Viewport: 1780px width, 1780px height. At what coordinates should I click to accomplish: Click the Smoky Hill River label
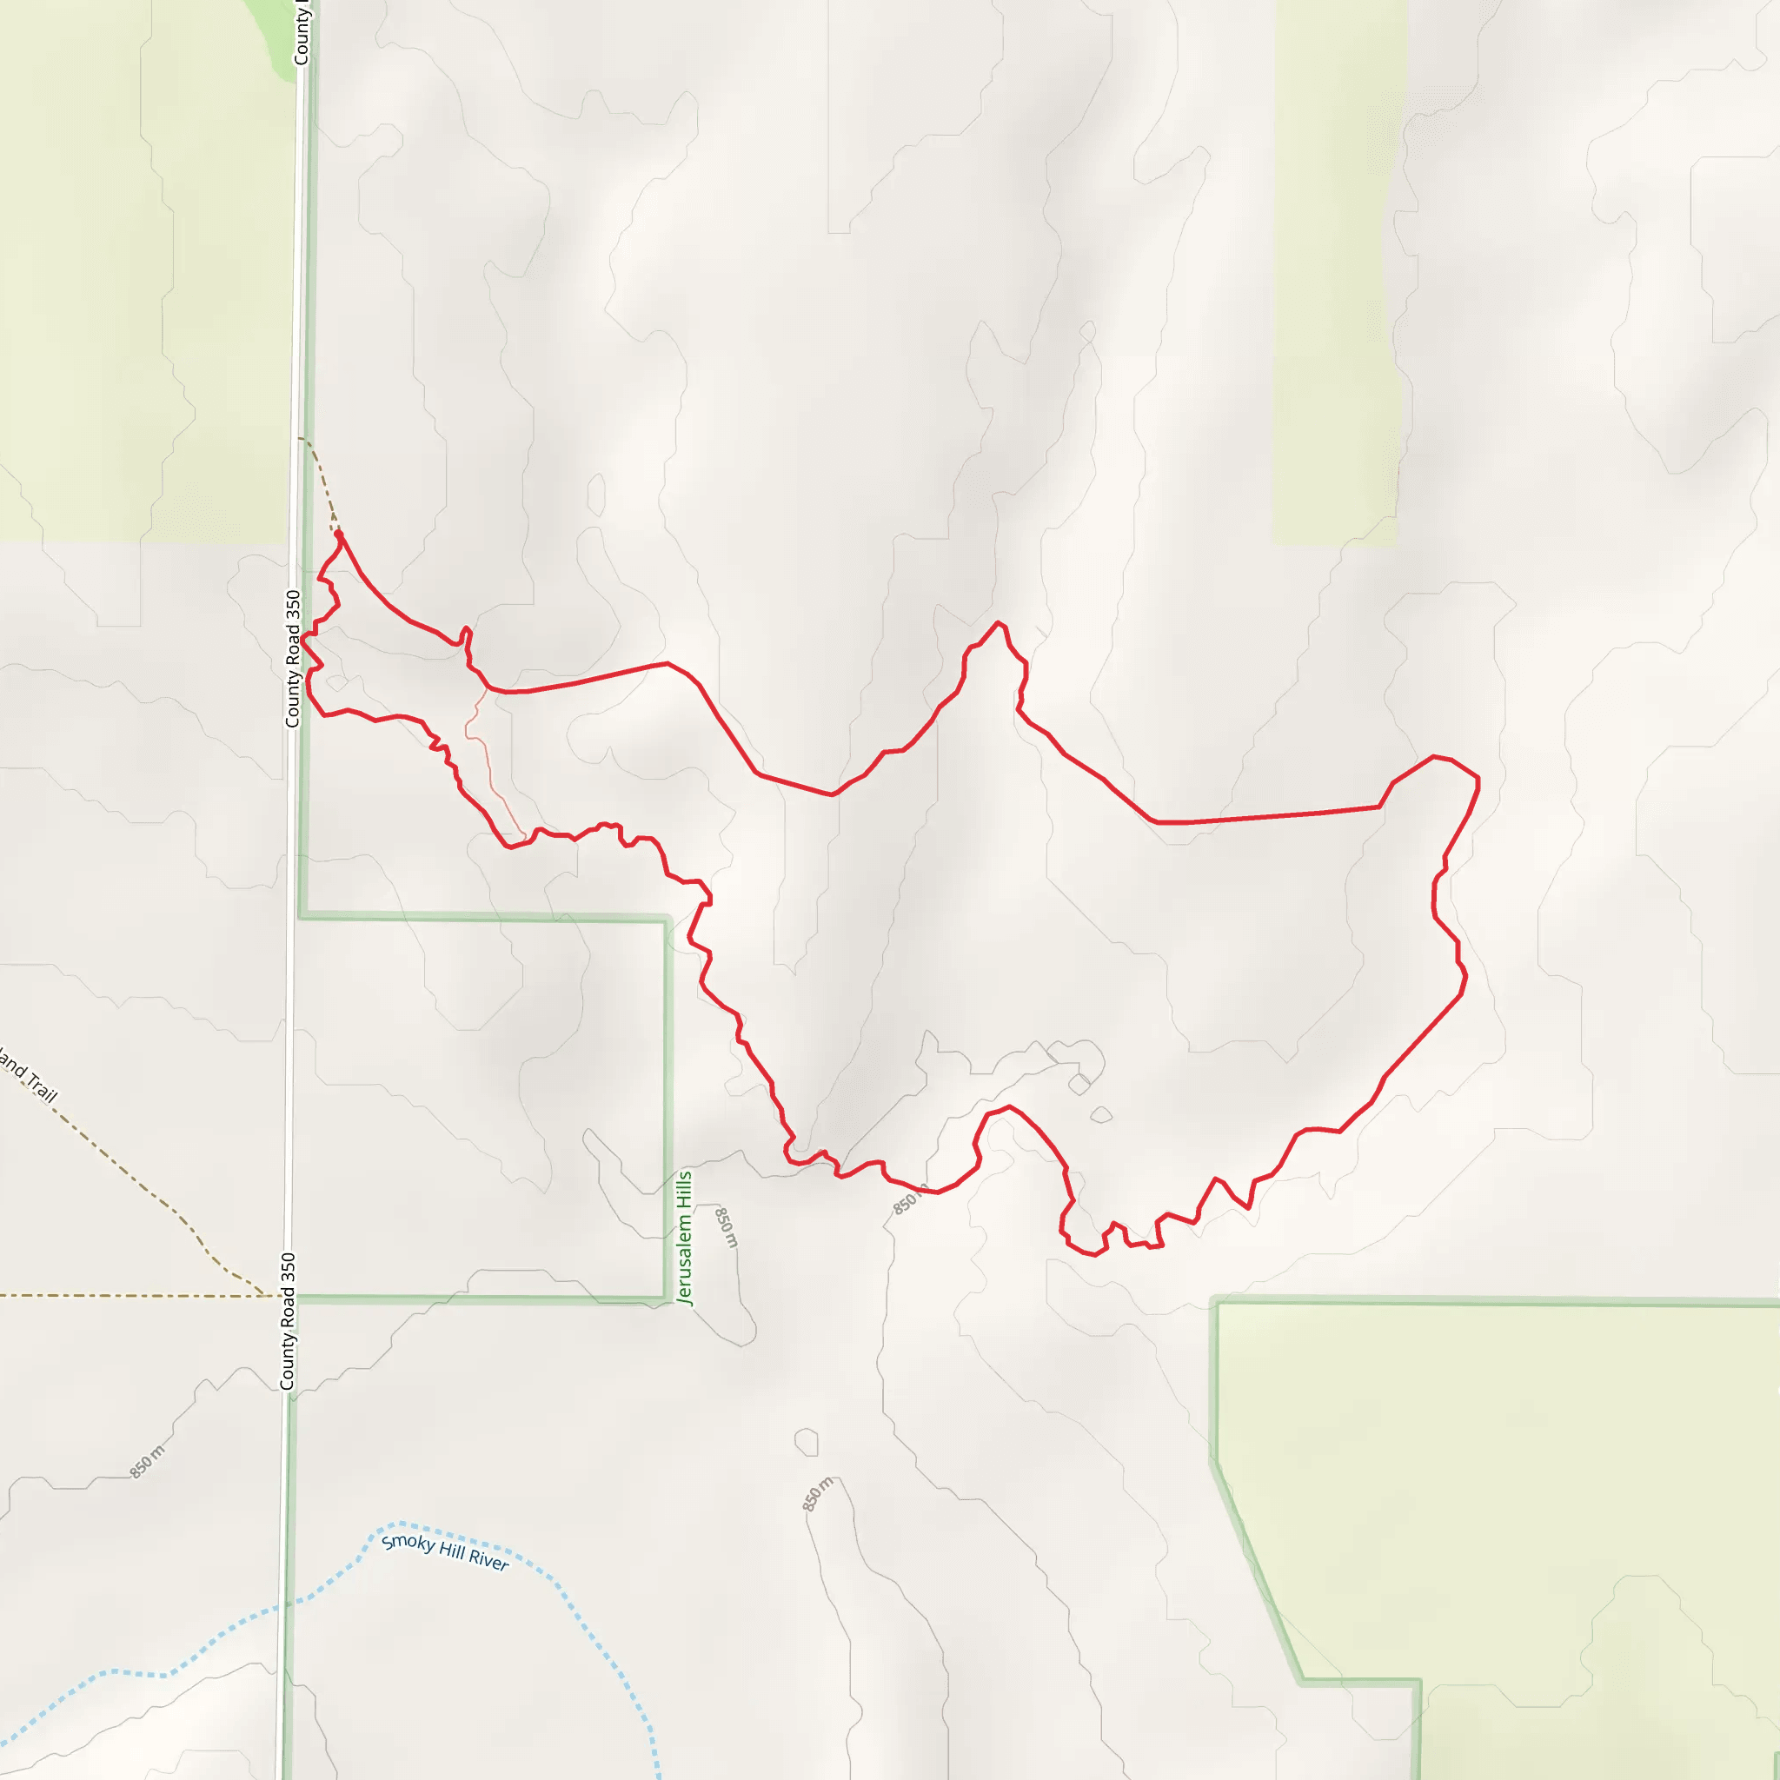(x=445, y=1551)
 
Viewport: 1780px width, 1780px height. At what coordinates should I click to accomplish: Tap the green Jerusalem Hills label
(x=684, y=1238)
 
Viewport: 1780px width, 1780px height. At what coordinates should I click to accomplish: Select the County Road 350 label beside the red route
(x=293, y=658)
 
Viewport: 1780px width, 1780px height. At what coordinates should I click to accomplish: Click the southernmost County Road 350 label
(x=289, y=1320)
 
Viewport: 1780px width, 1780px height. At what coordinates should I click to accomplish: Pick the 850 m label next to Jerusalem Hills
(x=727, y=1226)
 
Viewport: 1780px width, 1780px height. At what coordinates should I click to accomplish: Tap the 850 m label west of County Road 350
(x=148, y=1460)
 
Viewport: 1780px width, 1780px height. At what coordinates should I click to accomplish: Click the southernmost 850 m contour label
(x=817, y=1493)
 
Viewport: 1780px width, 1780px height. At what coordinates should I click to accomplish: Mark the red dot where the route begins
(x=339, y=535)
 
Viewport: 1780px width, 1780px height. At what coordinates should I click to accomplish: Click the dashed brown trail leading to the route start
(x=322, y=479)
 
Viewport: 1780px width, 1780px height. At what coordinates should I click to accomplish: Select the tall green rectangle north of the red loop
(x=1338, y=276)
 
